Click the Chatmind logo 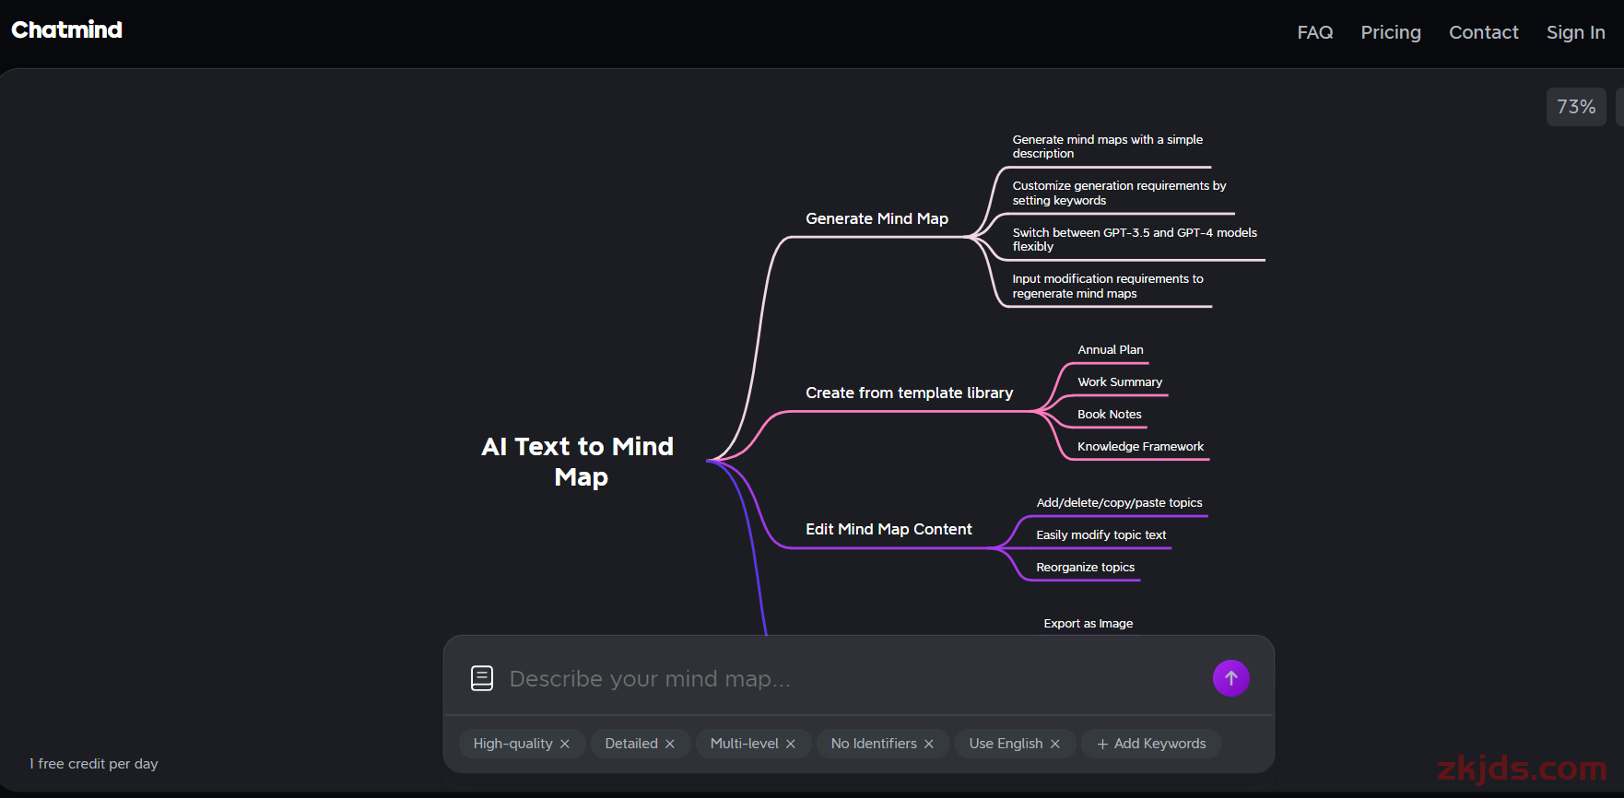point(66,29)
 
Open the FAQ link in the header point(1314,32)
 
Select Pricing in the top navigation point(1391,32)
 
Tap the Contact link point(1483,32)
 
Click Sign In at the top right point(1575,32)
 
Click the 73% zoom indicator point(1576,107)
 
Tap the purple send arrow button point(1230,678)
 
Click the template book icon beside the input point(482,678)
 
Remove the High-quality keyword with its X point(565,744)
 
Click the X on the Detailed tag point(670,744)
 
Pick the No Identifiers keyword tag point(882,744)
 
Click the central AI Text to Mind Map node point(578,462)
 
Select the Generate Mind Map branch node point(877,218)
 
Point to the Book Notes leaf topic point(1109,415)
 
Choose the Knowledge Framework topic point(1140,447)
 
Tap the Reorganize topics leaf point(1085,568)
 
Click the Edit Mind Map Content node point(888,529)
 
